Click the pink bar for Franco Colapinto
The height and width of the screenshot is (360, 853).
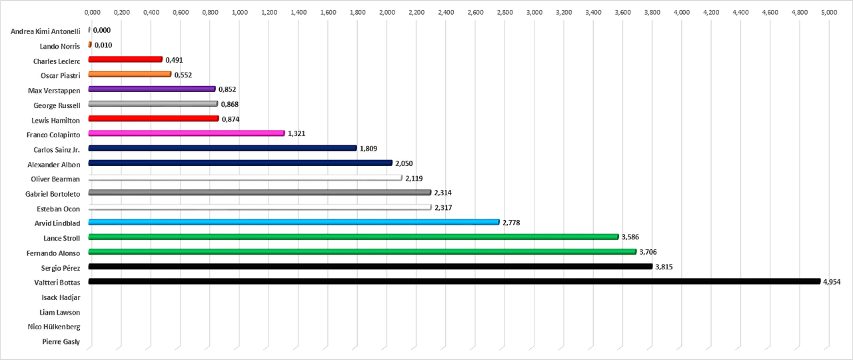tap(187, 133)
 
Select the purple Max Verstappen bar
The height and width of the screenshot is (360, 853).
tap(152, 89)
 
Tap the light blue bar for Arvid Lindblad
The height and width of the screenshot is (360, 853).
tap(294, 222)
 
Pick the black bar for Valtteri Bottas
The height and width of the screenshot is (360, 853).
tap(454, 281)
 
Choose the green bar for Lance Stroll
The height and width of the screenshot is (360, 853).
tap(353, 237)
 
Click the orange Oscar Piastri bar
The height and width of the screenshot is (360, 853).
tap(130, 74)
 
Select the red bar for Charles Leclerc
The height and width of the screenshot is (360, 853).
tap(125, 59)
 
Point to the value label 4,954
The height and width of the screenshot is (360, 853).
tap(832, 282)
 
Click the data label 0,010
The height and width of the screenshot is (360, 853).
tap(103, 45)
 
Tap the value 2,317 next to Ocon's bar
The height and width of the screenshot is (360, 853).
tap(443, 207)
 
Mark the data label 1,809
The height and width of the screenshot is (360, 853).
tap(369, 149)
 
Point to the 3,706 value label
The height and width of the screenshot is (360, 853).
tap(648, 252)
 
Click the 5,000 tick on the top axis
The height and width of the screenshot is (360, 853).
tap(829, 12)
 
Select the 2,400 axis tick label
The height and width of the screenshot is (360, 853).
tap(446, 12)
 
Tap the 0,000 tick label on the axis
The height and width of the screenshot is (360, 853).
tap(92, 12)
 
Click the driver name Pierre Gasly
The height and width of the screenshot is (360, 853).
tap(61, 342)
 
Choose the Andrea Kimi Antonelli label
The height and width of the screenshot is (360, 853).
tap(45, 31)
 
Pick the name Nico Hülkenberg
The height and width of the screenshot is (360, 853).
tap(54, 327)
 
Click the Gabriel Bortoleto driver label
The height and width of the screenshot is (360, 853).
tap(53, 194)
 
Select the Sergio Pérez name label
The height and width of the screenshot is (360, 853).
tap(61, 268)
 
